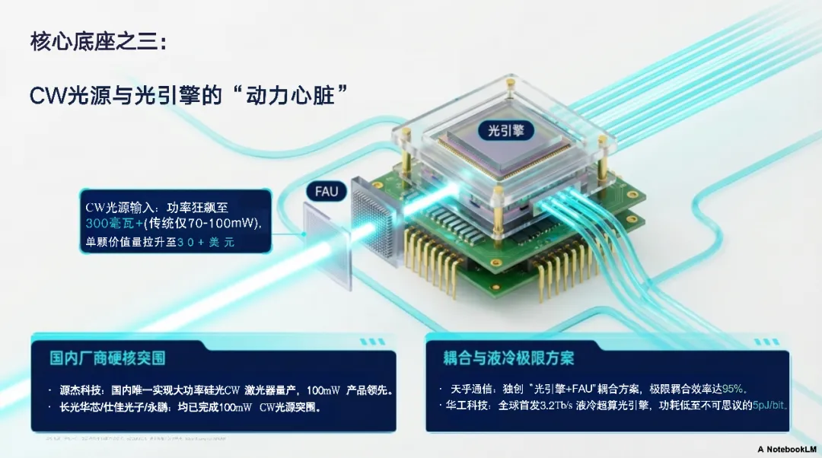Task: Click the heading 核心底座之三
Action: click(x=98, y=42)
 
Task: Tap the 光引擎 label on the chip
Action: click(x=505, y=130)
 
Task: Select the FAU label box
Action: click(x=327, y=191)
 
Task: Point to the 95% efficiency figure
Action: click(x=732, y=388)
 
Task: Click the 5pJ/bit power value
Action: click(x=769, y=405)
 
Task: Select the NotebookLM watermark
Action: click(x=788, y=449)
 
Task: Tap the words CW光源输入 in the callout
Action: click(x=117, y=205)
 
